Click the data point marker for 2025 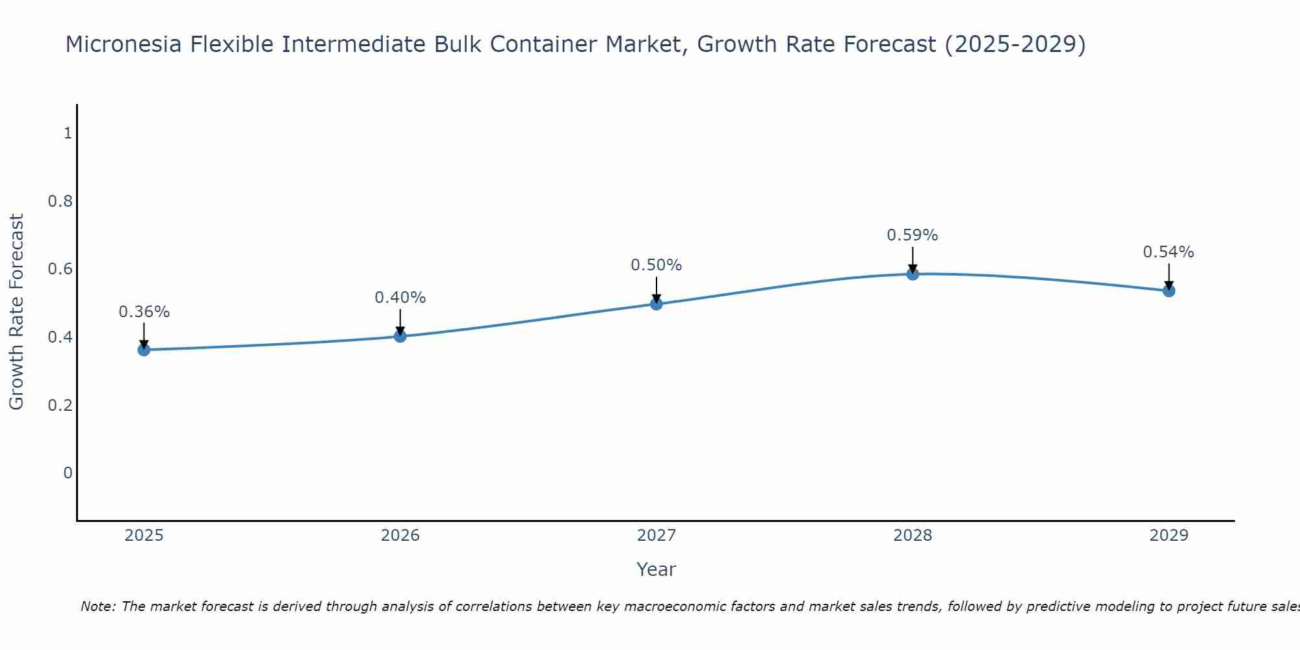144,350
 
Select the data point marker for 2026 400,336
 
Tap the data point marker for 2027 656,304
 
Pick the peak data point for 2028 913,274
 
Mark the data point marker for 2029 1169,291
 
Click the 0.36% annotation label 144,312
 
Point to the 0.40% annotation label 400,298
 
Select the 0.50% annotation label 656,265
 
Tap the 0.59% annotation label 913,235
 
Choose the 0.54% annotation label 1169,252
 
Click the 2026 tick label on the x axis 400,536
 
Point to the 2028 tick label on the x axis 913,536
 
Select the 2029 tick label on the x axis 1169,536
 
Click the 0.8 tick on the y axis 60,201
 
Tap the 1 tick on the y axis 68,133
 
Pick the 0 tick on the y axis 68,473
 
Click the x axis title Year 656,569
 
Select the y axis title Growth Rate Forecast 16,312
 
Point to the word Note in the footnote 97,606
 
